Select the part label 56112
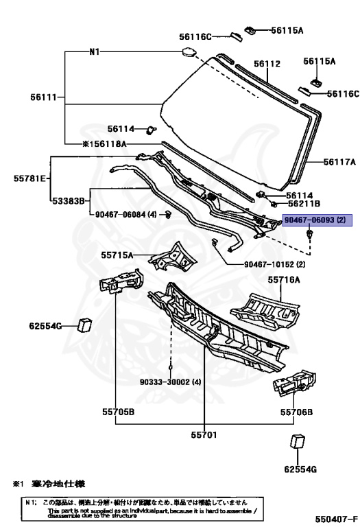click(x=267, y=64)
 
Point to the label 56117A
click(x=340, y=162)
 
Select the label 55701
click(x=205, y=434)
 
